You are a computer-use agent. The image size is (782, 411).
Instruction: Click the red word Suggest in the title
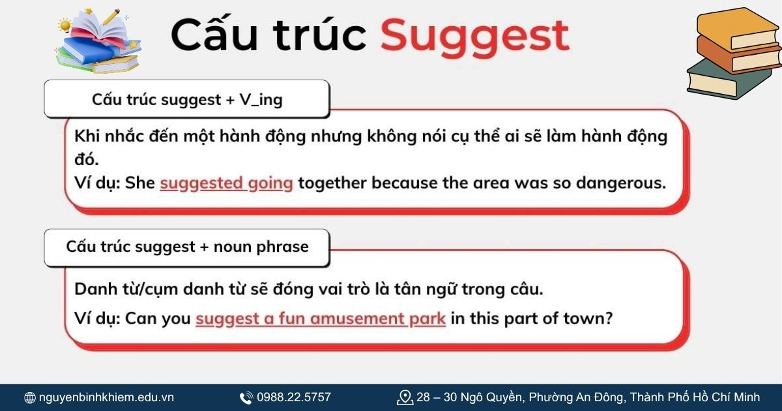[474, 36]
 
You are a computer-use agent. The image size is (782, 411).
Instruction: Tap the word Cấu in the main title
[215, 36]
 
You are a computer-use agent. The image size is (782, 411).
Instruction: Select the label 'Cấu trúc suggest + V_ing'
[187, 100]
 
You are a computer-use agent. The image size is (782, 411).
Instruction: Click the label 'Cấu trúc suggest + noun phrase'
[187, 247]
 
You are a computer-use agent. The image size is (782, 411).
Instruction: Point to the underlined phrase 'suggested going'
[226, 183]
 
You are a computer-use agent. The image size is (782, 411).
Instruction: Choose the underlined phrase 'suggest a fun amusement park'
[320, 319]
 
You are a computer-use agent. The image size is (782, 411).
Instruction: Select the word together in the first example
[332, 183]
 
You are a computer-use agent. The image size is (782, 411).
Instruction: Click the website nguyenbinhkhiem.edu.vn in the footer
[106, 397]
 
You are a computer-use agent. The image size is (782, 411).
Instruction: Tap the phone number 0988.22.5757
[293, 397]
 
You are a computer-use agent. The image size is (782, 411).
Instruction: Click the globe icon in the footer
[30, 397]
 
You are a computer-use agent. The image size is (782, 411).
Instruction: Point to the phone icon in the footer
[246, 397]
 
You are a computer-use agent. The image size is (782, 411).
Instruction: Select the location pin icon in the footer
[405, 397]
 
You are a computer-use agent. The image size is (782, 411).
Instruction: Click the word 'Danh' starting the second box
[94, 289]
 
